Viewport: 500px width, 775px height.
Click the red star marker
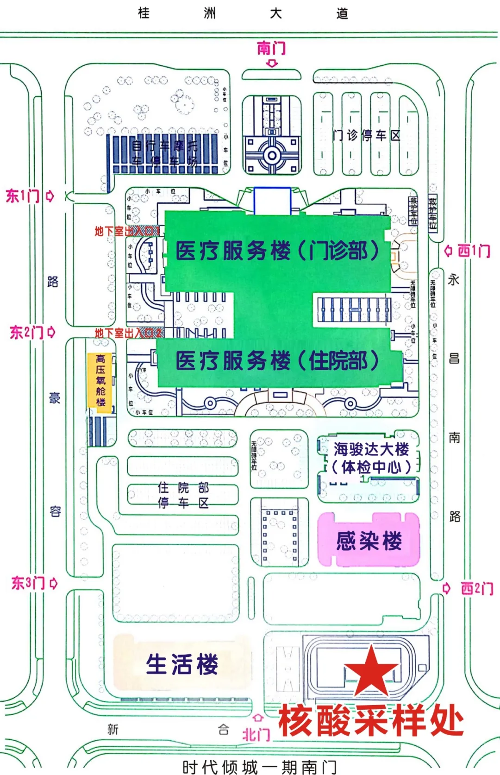tap(371, 671)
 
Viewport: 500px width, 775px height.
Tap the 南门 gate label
tap(271, 48)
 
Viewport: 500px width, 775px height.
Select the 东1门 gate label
tap(23, 196)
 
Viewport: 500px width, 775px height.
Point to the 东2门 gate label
tap(26, 332)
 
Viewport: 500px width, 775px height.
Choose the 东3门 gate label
tap(28, 583)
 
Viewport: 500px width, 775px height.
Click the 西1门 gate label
tap(474, 251)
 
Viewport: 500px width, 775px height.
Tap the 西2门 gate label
tap(476, 588)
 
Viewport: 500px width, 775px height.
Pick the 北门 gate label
tap(256, 734)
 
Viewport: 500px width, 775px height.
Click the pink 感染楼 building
tap(369, 540)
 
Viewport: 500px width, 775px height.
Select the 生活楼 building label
tap(182, 664)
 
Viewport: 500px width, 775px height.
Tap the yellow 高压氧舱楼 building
tap(100, 380)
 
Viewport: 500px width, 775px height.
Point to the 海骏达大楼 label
tap(371, 449)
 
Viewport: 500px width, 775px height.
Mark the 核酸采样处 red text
tap(371, 721)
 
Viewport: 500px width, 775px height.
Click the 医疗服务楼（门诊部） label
tap(277, 251)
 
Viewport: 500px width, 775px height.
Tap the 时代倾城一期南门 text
tap(259, 767)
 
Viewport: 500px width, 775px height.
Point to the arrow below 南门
tap(272, 63)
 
